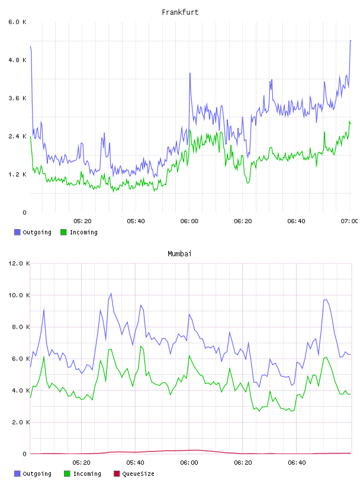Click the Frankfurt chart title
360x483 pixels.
tap(180, 12)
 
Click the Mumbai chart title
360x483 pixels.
tap(179, 253)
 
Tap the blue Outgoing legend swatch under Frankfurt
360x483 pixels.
tap(17, 232)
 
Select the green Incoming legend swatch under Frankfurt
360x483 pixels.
tap(63, 232)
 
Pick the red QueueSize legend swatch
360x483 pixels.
tap(117, 474)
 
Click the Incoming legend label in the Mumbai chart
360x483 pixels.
tap(87, 474)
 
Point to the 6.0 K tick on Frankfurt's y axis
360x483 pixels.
tap(17, 22)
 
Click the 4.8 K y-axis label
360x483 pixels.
tap(17, 60)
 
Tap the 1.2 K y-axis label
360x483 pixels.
tap(17, 175)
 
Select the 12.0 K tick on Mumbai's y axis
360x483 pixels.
tap(19, 263)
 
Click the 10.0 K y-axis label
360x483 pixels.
tap(19, 295)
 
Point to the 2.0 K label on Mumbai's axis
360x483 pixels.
tap(21, 422)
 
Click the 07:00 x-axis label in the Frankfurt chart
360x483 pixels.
tap(349, 221)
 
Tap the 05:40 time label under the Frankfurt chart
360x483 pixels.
tap(136, 221)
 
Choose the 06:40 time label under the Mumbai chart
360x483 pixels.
tap(296, 462)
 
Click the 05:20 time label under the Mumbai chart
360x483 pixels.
tap(81, 462)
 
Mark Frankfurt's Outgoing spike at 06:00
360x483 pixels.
tap(190, 73)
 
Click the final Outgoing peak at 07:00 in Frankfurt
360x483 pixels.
tap(351, 40)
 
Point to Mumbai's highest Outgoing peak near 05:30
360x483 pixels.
tap(111, 293)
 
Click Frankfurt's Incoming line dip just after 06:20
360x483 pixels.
tap(248, 183)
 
